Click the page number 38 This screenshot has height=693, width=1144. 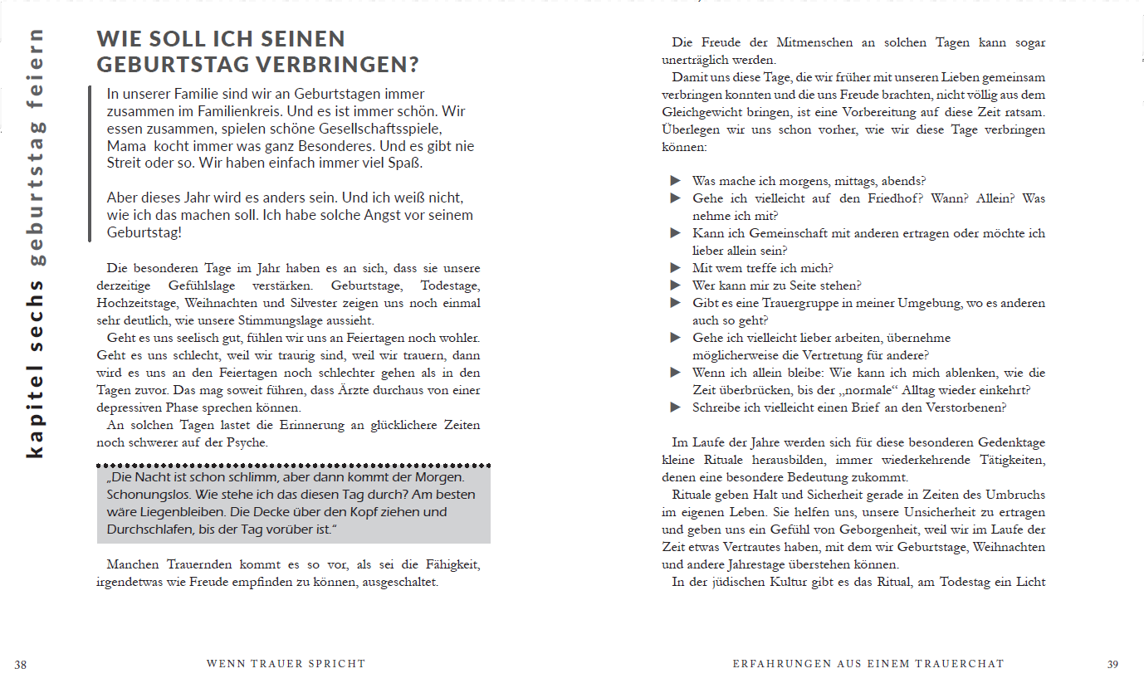click(21, 664)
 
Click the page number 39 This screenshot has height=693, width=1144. click(1113, 664)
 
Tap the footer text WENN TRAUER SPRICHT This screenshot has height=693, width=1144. click(286, 664)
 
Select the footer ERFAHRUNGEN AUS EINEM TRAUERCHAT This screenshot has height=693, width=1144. click(868, 664)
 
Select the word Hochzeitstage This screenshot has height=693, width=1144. click(137, 303)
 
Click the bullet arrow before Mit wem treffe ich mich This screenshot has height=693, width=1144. click(676, 268)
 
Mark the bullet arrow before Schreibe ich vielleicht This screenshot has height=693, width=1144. click(676, 408)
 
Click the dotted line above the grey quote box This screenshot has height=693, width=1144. click(294, 465)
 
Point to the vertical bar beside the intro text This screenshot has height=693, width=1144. click(90, 163)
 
